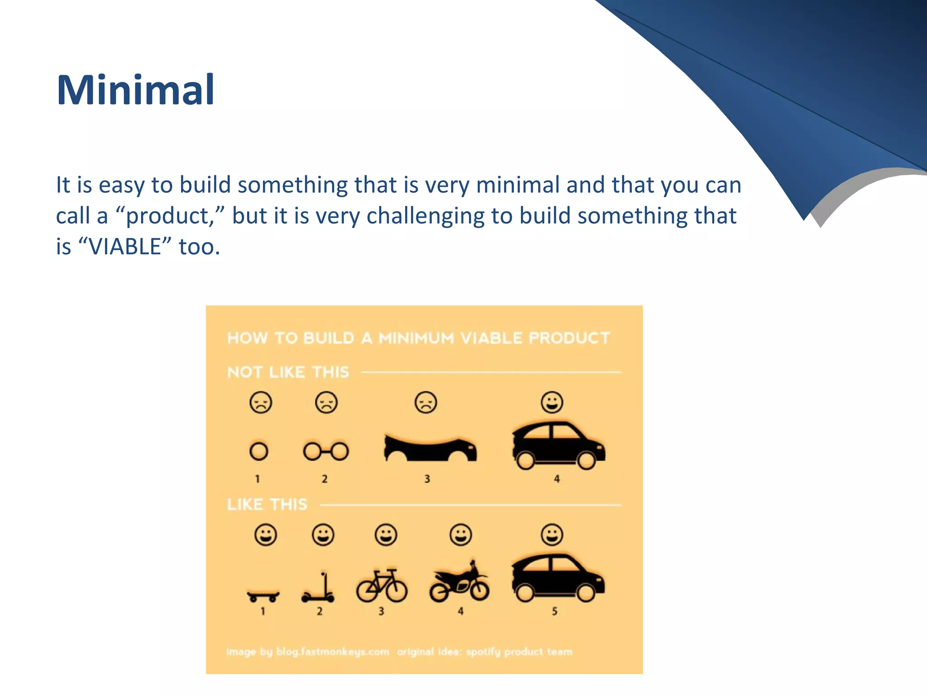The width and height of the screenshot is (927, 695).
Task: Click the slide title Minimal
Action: (x=135, y=90)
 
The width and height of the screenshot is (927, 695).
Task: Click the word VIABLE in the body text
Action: (x=125, y=247)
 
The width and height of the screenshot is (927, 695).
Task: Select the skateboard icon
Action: (x=263, y=595)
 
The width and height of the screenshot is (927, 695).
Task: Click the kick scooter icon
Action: (x=319, y=590)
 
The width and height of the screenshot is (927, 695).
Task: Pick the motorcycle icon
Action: (x=459, y=584)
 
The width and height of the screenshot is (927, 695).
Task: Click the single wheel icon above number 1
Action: (x=259, y=451)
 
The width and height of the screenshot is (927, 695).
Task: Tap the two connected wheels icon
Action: (x=325, y=451)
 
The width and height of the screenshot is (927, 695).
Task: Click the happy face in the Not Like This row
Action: (x=552, y=402)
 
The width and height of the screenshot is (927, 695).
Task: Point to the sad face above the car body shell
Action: (x=425, y=402)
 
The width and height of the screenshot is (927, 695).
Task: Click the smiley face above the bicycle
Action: (x=386, y=535)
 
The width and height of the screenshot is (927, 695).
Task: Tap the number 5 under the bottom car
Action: (x=554, y=611)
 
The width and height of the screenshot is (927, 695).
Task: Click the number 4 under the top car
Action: (x=557, y=479)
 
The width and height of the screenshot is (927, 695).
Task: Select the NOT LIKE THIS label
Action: (x=288, y=372)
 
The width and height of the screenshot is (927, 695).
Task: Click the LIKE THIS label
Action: (x=267, y=505)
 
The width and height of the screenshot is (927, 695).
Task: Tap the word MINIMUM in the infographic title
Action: (x=416, y=338)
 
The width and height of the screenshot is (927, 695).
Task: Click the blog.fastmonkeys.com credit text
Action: (x=333, y=652)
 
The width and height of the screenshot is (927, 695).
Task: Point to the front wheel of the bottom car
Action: (x=586, y=593)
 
